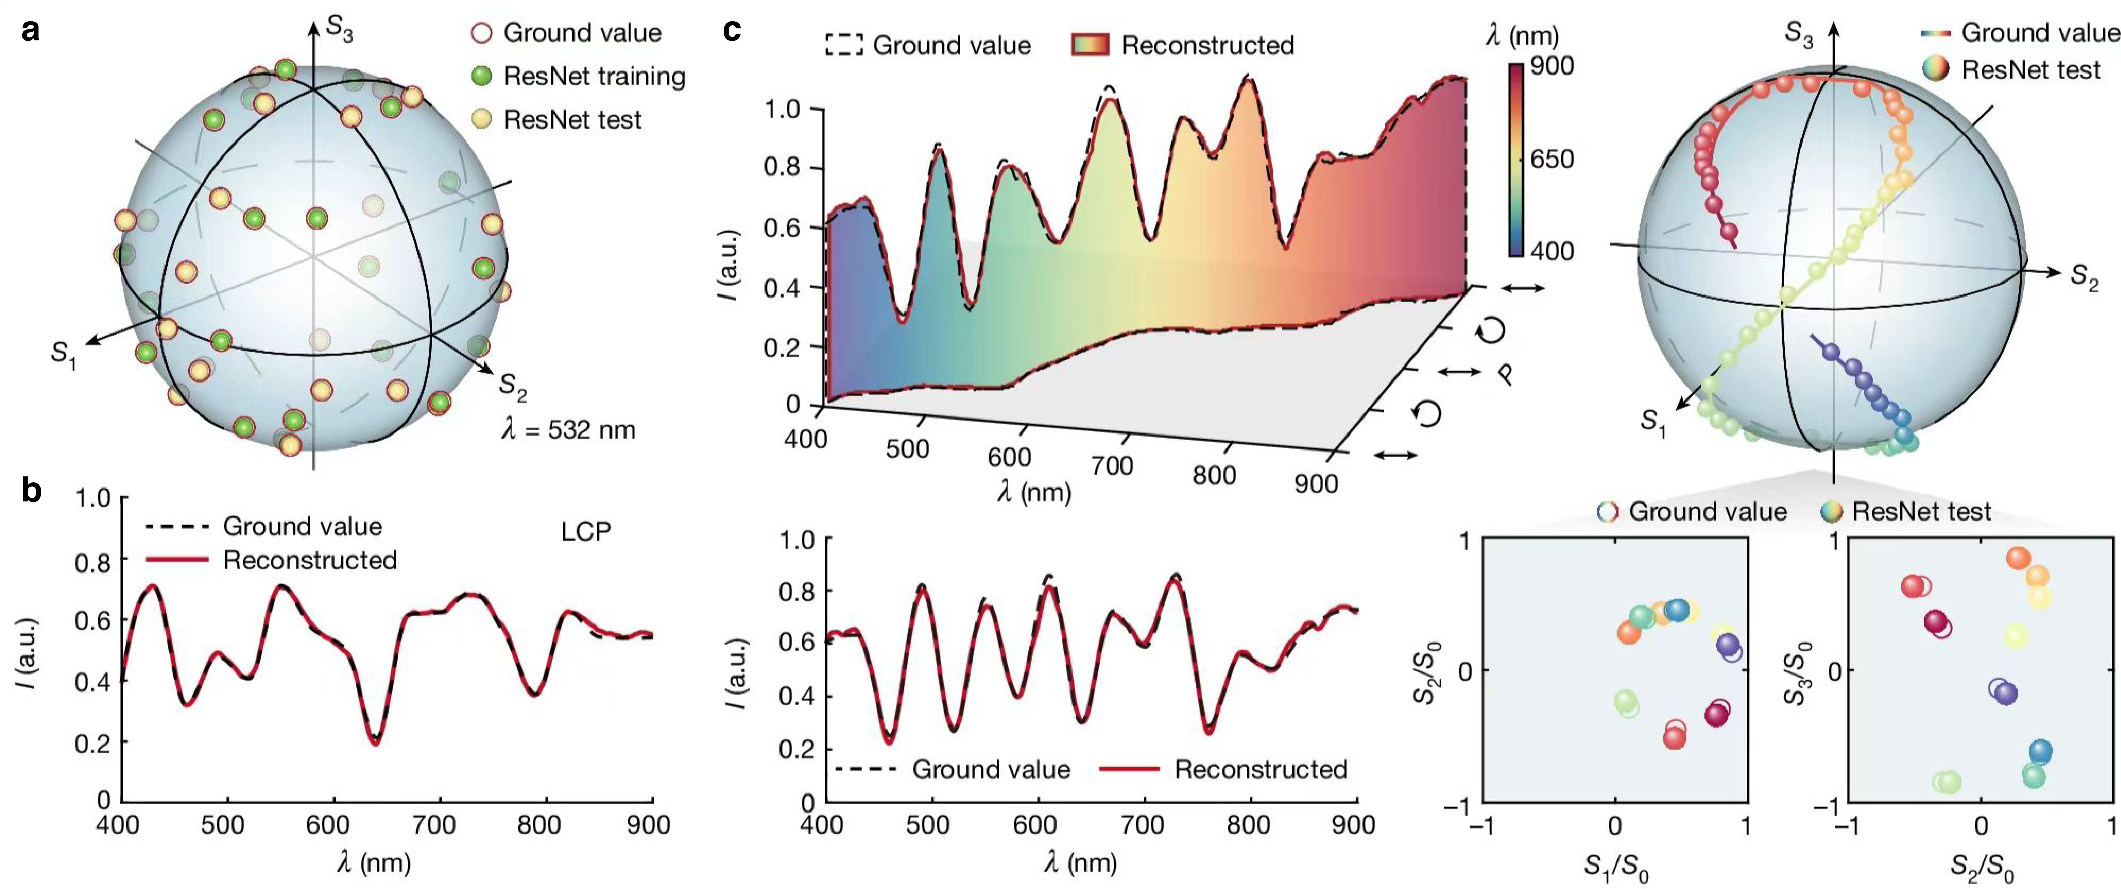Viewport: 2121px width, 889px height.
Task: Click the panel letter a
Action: (31, 31)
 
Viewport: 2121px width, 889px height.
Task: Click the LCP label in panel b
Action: (586, 532)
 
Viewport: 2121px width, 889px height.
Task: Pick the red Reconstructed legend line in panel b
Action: (177, 560)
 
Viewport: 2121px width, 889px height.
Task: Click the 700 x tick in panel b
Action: (434, 824)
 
